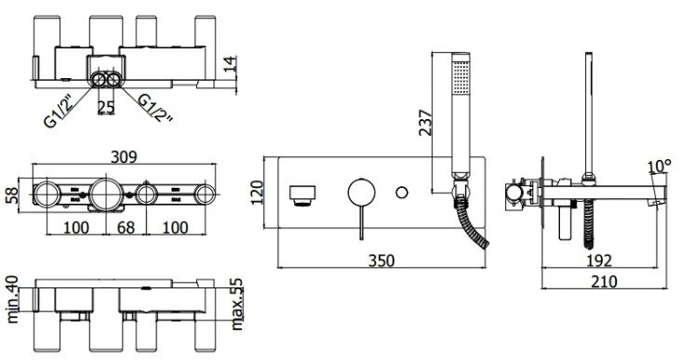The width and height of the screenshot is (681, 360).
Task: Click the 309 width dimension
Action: [124, 157]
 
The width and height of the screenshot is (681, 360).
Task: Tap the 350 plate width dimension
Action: [381, 260]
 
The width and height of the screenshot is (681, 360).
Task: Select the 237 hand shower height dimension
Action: [426, 123]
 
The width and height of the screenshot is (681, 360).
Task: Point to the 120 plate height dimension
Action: [257, 193]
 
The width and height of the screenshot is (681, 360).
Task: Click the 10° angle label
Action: [659, 167]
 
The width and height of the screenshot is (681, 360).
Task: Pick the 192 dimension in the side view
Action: [599, 260]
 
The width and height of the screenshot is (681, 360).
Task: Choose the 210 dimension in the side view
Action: [604, 282]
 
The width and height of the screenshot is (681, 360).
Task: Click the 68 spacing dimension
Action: [126, 228]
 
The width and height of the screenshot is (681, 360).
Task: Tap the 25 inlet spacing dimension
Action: [106, 107]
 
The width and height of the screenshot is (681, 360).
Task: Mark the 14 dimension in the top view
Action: [230, 64]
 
